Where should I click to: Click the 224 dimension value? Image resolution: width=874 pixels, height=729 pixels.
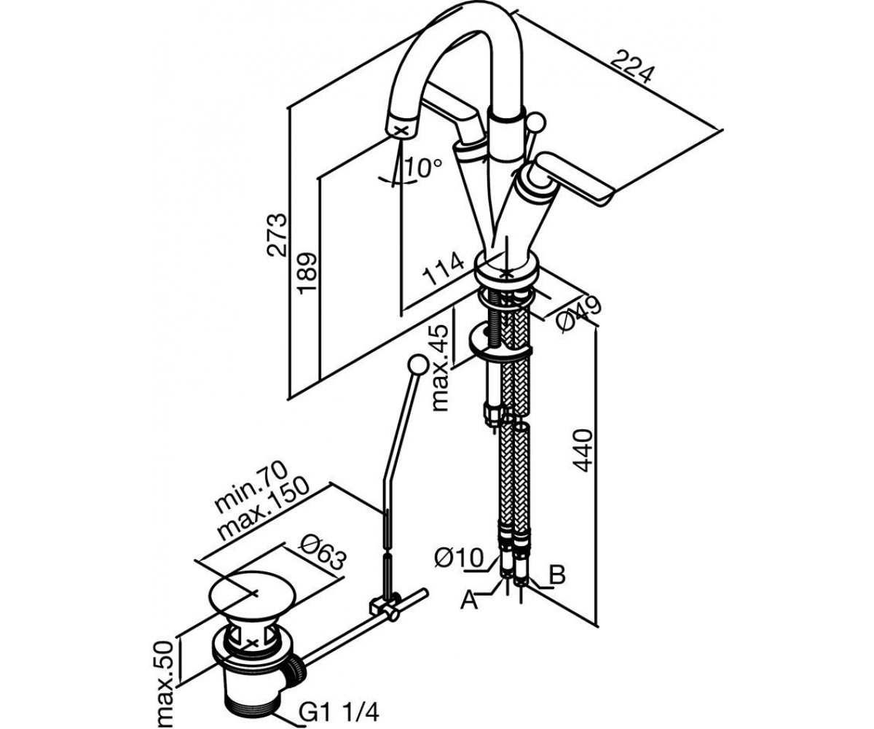pyautogui.click(x=631, y=67)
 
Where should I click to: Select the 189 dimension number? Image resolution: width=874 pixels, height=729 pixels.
pyautogui.click(x=307, y=273)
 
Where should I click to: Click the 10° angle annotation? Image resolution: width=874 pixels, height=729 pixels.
pyautogui.click(x=423, y=168)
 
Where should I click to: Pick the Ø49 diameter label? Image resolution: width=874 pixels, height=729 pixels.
pyautogui.click(x=579, y=314)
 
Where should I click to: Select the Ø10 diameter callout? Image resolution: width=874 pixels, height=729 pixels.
pyautogui.click(x=459, y=558)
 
